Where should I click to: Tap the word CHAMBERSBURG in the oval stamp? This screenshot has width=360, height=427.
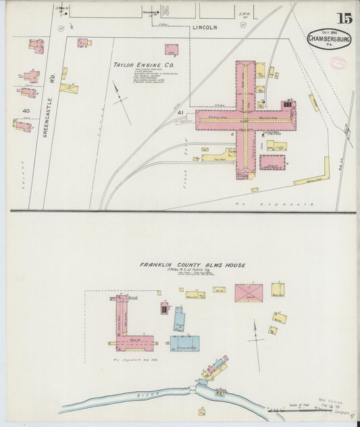[x=328, y=39]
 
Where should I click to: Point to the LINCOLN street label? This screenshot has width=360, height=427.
[x=205, y=28]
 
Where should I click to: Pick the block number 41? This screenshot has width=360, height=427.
[x=181, y=122]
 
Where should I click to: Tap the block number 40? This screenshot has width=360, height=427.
[x=26, y=110]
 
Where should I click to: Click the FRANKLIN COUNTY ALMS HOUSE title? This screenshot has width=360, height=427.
[x=192, y=265]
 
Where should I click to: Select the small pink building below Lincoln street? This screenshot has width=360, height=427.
[x=172, y=49]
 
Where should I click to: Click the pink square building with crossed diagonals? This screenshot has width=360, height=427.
[x=249, y=293]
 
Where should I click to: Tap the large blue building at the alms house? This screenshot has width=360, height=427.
[x=184, y=343]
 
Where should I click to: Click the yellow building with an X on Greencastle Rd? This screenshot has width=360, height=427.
[x=69, y=88]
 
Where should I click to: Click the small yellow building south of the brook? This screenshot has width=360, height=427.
[x=201, y=411]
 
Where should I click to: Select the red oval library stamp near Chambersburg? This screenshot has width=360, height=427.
[x=336, y=62]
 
